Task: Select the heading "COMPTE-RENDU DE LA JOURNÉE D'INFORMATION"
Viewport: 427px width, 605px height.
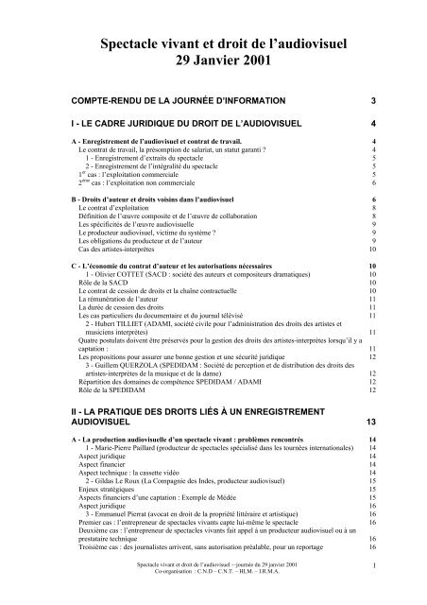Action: pos(171,99)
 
